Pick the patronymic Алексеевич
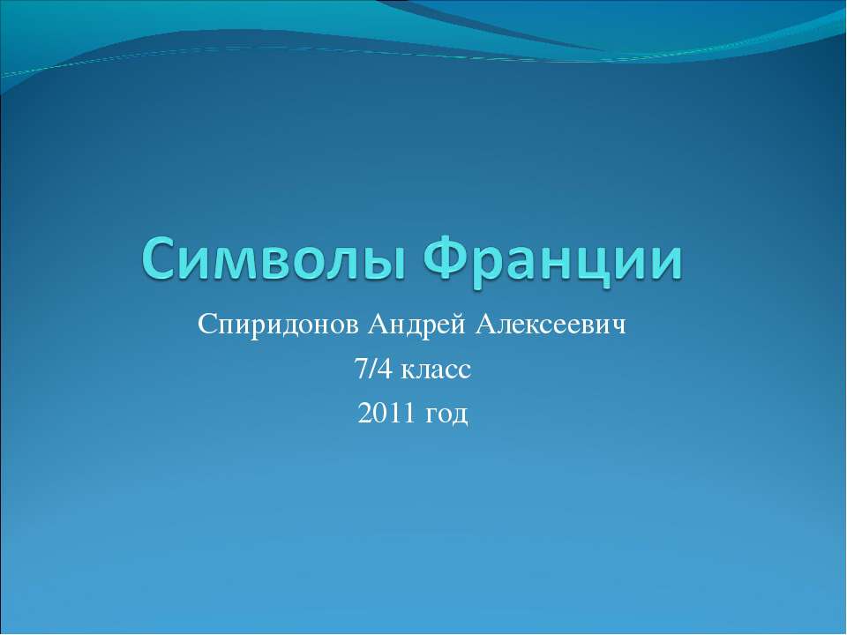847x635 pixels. [x=551, y=325]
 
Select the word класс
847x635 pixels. [x=437, y=372]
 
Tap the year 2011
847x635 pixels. [x=386, y=413]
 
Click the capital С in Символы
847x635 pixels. [x=161, y=258]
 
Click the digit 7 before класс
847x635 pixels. [x=360, y=370]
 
